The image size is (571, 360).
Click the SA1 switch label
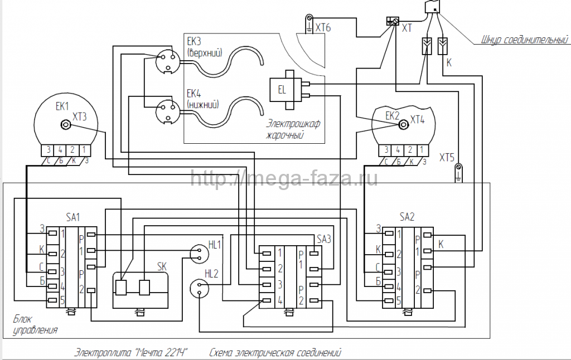[73, 216]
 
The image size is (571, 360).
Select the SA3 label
[324, 239]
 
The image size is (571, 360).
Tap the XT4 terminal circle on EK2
[401, 125]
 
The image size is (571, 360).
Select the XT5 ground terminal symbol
[458, 169]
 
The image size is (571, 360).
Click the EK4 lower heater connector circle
[167, 109]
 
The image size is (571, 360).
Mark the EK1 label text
[62, 106]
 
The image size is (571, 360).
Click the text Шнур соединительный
[524, 40]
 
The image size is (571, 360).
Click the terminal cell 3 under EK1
[49, 149]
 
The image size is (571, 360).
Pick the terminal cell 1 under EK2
[423, 149]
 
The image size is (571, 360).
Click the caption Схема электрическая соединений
[275, 352]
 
